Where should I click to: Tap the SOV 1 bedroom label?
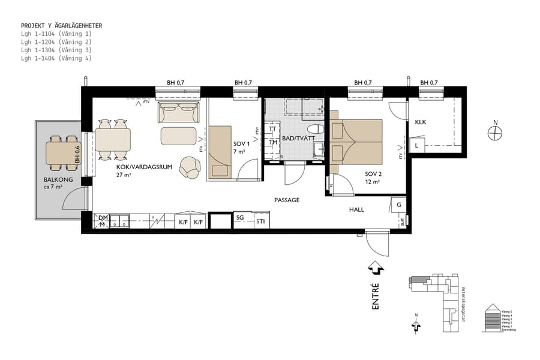[x=241, y=145]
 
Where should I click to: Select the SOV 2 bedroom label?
[x=373, y=174]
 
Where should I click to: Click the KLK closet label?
[x=421, y=122]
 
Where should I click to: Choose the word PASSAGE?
[x=286, y=200]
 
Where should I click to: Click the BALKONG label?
[x=58, y=179]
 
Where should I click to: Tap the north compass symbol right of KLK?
[x=496, y=133]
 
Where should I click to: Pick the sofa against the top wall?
[x=178, y=112]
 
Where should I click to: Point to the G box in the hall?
[x=398, y=205]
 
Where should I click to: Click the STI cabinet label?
[x=261, y=222]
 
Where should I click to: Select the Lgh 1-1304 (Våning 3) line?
[x=56, y=50]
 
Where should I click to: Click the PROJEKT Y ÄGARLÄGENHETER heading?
[x=61, y=26]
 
